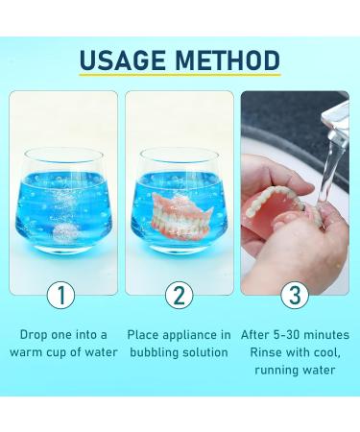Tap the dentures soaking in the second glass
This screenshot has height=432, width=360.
tap(180, 214)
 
